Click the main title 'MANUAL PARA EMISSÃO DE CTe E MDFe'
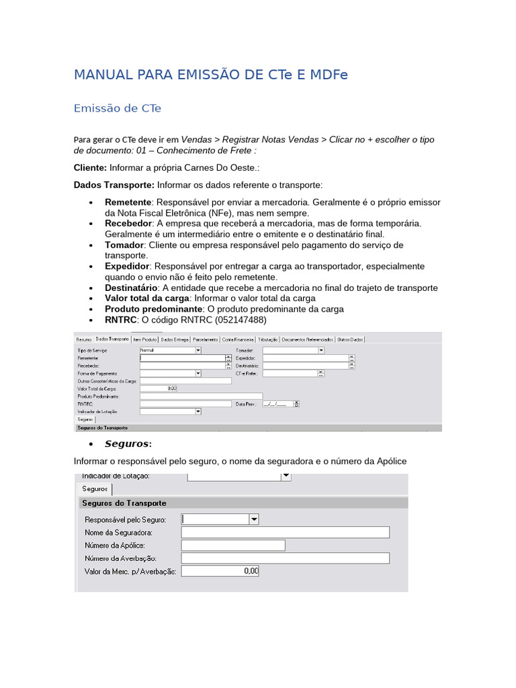pos(211,75)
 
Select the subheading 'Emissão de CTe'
pos(118,108)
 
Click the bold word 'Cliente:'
pos(90,167)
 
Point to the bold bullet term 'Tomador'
pos(124,245)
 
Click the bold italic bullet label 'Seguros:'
pos(128,444)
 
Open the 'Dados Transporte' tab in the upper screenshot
pos(112,340)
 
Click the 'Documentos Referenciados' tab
pos(307,340)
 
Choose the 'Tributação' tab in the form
pos(268,340)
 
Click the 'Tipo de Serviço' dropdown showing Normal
pos(170,351)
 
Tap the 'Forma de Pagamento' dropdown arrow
pos(198,373)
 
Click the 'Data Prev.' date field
pos(277,404)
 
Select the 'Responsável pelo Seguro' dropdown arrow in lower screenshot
pos(254,519)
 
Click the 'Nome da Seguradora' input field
pos(285,532)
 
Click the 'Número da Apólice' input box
pos(233,546)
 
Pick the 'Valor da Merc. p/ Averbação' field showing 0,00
pos(220,571)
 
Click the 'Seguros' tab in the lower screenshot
pos(94,489)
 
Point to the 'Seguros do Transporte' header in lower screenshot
pos(124,503)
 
